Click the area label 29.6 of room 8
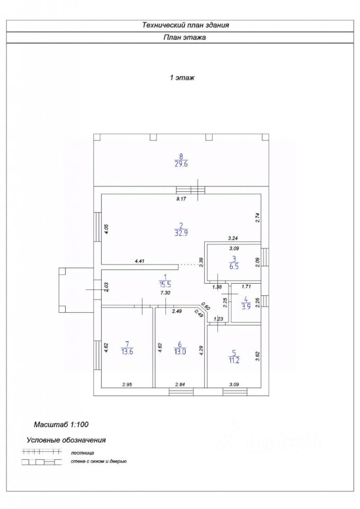pos(181,164)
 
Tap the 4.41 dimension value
pos(140,261)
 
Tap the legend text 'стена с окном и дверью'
pos(98,462)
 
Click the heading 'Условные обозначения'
pos(66,440)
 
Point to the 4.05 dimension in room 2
pos(106,230)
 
